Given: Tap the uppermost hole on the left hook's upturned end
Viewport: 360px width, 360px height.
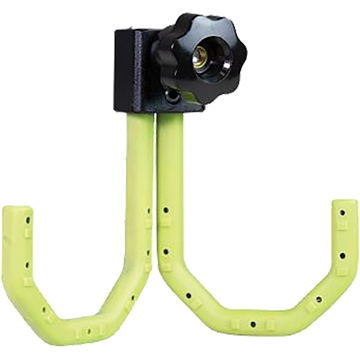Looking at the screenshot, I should (29, 221).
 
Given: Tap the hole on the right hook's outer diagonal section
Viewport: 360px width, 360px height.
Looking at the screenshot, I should (317, 298).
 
